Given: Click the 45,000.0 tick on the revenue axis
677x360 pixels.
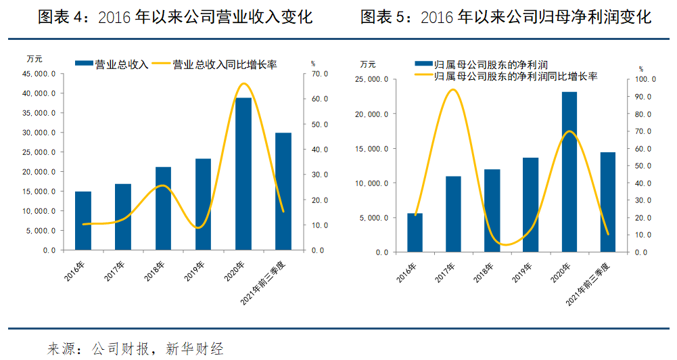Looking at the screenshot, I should (x=41, y=74).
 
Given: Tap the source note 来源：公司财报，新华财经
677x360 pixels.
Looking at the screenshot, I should (x=135, y=348).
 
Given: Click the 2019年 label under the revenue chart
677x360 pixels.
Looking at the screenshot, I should (x=197, y=269).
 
